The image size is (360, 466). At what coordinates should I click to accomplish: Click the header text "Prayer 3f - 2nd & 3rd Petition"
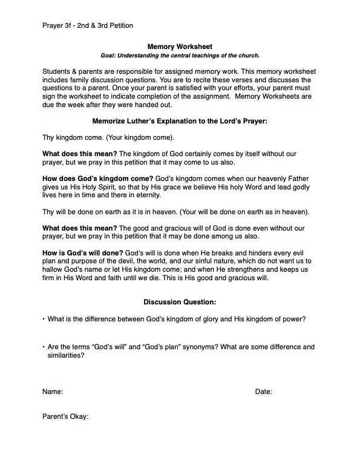point(88,25)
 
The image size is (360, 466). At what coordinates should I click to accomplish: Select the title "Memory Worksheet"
point(180,47)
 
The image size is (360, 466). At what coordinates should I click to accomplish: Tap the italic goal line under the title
point(180,55)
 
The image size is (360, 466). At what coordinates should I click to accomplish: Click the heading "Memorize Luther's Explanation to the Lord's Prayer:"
point(180,120)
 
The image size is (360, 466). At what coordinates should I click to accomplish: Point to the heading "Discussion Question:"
point(180,301)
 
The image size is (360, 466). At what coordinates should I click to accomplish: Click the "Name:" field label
point(53,392)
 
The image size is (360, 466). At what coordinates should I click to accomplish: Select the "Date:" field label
point(263,392)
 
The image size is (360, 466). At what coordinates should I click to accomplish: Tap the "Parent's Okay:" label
point(65,417)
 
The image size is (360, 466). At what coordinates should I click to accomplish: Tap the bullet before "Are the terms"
point(44,347)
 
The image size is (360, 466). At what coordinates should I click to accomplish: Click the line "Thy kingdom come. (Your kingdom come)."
point(108,137)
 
